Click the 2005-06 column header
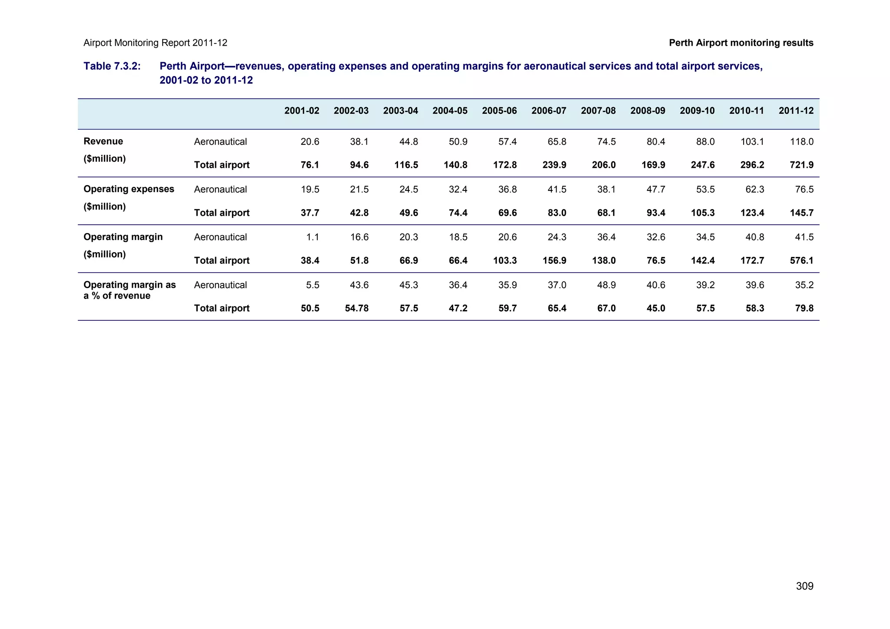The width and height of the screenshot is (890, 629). click(499, 111)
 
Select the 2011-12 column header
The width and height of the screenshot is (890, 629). click(796, 111)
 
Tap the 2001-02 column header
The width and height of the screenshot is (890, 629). click(302, 111)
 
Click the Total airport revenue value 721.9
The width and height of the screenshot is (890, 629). click(802, 165)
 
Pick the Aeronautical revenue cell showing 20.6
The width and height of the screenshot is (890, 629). click(310, 142)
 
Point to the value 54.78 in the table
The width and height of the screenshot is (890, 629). click(356, 308)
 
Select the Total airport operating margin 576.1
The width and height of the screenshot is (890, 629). click(802, 260)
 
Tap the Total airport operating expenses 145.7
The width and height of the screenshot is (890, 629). click(802, 213)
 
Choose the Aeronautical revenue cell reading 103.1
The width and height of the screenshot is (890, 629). click(752, 142)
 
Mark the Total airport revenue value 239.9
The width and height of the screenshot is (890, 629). click(554, 165)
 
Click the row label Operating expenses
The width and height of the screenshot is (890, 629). click(129, 189)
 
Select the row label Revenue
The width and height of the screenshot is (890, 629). click(103, 141)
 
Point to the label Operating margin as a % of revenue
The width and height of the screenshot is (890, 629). click(129, 290)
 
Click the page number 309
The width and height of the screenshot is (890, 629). click(804, 586)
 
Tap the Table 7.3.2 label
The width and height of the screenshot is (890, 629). click(112, 66)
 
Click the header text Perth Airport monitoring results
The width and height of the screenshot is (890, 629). click(741, 43)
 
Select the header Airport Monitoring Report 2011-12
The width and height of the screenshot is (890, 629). click(155, 43)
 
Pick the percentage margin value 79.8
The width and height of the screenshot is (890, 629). click(804, 308)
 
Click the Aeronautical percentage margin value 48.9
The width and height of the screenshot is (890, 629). click(606, 285)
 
